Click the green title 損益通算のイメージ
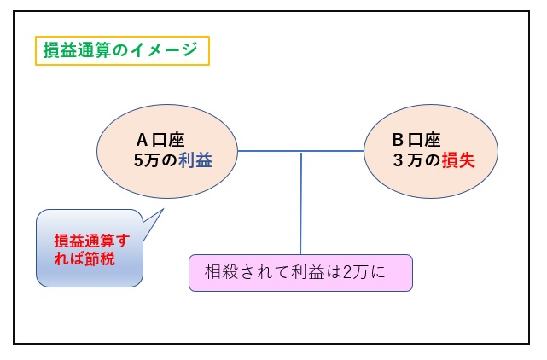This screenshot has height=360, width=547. [120, 49]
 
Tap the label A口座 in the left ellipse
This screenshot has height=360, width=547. [160, 140]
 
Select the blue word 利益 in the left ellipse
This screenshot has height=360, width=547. [195, 160]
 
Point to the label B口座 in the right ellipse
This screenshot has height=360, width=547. [416, 140]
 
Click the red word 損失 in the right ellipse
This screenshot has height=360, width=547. [458, 160]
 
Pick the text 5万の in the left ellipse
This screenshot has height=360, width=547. [155, 160]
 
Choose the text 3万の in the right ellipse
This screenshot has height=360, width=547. [416, 160]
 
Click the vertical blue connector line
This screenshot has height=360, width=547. [300, 203]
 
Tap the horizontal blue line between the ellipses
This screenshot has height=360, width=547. [300, 151]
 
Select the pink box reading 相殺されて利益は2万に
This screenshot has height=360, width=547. [300, 273]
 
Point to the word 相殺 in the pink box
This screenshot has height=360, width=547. [221, 272]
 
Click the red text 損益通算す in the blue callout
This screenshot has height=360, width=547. [92, 241]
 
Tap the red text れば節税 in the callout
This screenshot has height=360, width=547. [84, 258]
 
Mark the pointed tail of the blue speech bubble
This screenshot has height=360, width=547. [163, 209]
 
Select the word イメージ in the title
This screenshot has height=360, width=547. [165, 49]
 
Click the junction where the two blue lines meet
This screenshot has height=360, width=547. [300, 151]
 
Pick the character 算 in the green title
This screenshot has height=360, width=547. [102, 49]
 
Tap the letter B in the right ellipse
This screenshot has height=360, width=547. [398, 140]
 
